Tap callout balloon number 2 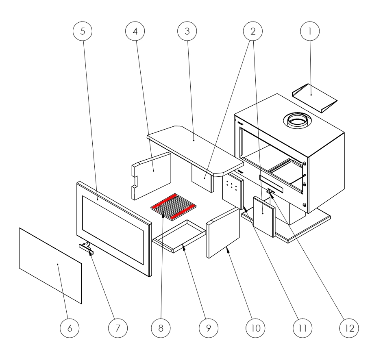(252, 31)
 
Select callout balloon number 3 (187, 31)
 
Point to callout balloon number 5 (83, 31)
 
